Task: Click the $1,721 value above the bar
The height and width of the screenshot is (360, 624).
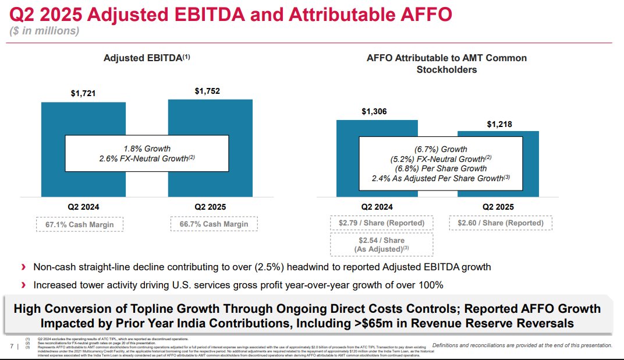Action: (83, 94)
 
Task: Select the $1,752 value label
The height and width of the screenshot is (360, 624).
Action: (207, 91)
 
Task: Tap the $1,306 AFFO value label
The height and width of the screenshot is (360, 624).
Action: (374, 111)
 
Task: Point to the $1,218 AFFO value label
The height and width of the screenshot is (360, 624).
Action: (499, 124)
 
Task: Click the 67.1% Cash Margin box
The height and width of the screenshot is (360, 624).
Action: (80, 224)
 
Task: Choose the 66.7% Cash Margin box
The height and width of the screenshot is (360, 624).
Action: (214, 224)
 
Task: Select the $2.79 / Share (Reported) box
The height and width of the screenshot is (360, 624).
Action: (381, 223)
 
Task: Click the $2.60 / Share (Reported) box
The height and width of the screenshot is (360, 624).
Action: (500, 223)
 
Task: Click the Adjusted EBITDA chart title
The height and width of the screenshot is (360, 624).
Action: (147, 58)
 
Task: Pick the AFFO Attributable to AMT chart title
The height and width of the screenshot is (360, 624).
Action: (446, 63)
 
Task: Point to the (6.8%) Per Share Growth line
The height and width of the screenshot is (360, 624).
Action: (440, 168)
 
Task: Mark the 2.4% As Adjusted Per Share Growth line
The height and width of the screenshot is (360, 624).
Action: (440, 178)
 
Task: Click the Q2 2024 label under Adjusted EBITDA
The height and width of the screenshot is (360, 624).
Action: (83, 207)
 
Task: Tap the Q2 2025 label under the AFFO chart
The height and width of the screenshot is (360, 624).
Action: (498, 207)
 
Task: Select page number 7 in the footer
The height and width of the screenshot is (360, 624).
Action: (13, 347)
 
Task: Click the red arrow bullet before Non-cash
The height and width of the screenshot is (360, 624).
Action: (23, 267)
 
